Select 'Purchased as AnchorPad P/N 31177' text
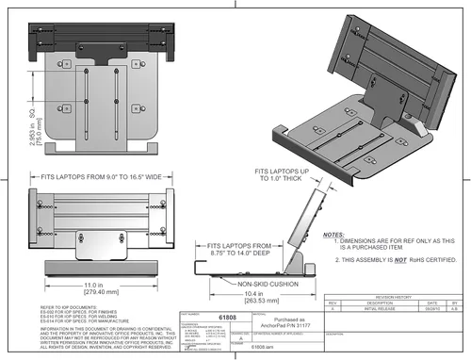285,324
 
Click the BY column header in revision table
456,302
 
